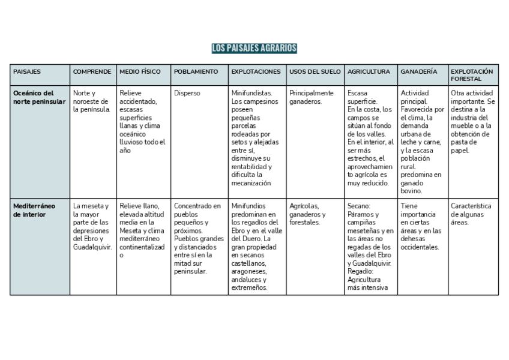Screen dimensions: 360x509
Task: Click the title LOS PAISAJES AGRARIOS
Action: point(254,48)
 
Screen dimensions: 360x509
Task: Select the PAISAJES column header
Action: point(27,71)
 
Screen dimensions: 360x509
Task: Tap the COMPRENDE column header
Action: point(92,71)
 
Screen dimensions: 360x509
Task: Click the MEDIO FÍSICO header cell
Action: point(140,71)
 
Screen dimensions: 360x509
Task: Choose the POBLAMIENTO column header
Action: point(196,71)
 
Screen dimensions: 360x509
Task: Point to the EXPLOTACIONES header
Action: point(256,71)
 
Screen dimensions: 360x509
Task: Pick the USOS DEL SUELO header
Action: point(315,71)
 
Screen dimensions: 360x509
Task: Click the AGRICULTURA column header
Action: point(368,71)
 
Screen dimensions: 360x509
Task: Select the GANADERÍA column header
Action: point(418,71)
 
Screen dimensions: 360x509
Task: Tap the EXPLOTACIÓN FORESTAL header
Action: point(471,75)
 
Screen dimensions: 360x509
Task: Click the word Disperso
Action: point(187,94)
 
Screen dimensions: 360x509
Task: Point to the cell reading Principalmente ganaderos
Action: point(311,97)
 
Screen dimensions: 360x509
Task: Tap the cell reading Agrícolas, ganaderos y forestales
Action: point(307,214)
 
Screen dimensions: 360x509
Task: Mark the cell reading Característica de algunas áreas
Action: point(471,214)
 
